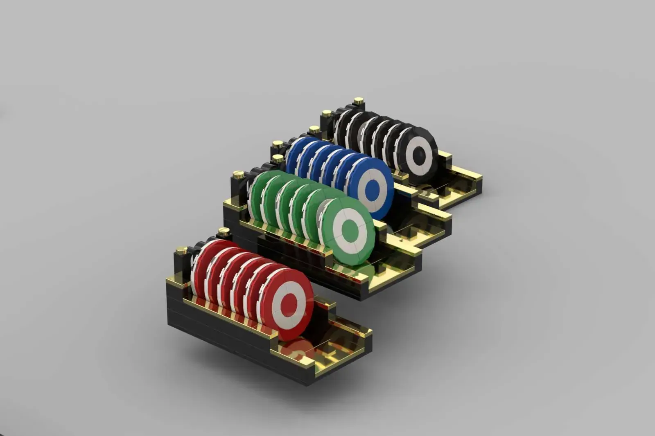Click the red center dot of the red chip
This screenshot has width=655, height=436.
(289, 303)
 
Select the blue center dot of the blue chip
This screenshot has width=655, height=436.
(372, 191)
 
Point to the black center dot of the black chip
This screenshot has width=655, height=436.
(418, 156)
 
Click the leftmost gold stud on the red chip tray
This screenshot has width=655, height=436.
(181, 250)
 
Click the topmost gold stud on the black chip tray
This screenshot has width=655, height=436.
(359, 101)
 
